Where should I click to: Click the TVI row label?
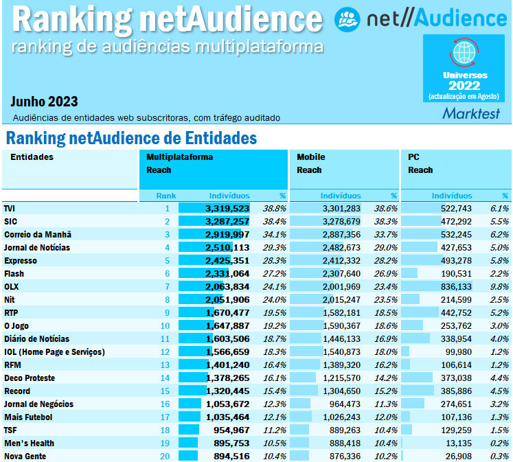[x=10, y=208]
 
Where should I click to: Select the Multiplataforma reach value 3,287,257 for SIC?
[x=227, y=221]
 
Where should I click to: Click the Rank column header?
[x=166, y=196]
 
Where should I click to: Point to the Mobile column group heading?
[x=310, y=157]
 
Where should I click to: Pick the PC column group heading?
[x=413, y=157]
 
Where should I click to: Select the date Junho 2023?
[x=44, y=102]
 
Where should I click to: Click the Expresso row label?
[x=21, y=260]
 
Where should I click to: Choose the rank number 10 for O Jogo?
[x=165, y=325]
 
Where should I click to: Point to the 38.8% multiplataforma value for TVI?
[x=274, y=208]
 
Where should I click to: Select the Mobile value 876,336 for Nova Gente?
[x=341, y=456]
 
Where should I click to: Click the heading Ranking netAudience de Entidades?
[x=130, y=138]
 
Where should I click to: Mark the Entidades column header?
[x=32, y=157]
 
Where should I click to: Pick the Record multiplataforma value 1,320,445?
[x=227, y=391]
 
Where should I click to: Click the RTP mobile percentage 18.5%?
[x=385, y=312]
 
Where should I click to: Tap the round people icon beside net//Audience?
[x=347, y=19]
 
